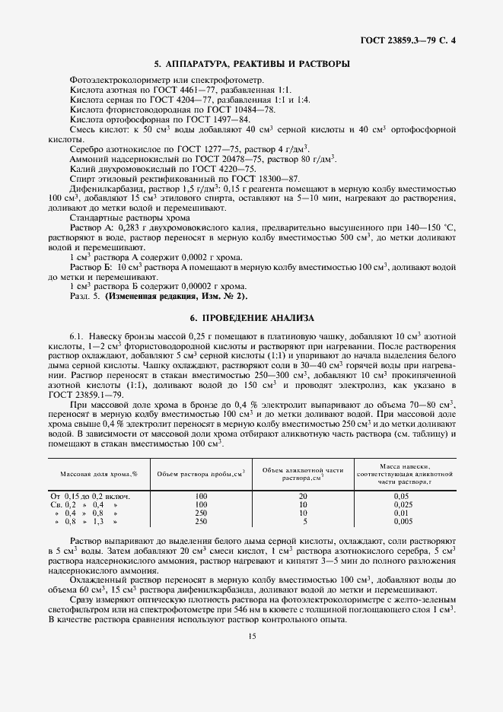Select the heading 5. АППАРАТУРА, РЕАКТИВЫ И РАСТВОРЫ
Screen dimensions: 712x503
(251, 64)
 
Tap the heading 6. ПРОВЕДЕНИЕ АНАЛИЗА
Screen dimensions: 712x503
(251, 317)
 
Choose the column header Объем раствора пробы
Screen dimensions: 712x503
(201, 474)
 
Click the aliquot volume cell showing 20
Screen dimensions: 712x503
(304, 496)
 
